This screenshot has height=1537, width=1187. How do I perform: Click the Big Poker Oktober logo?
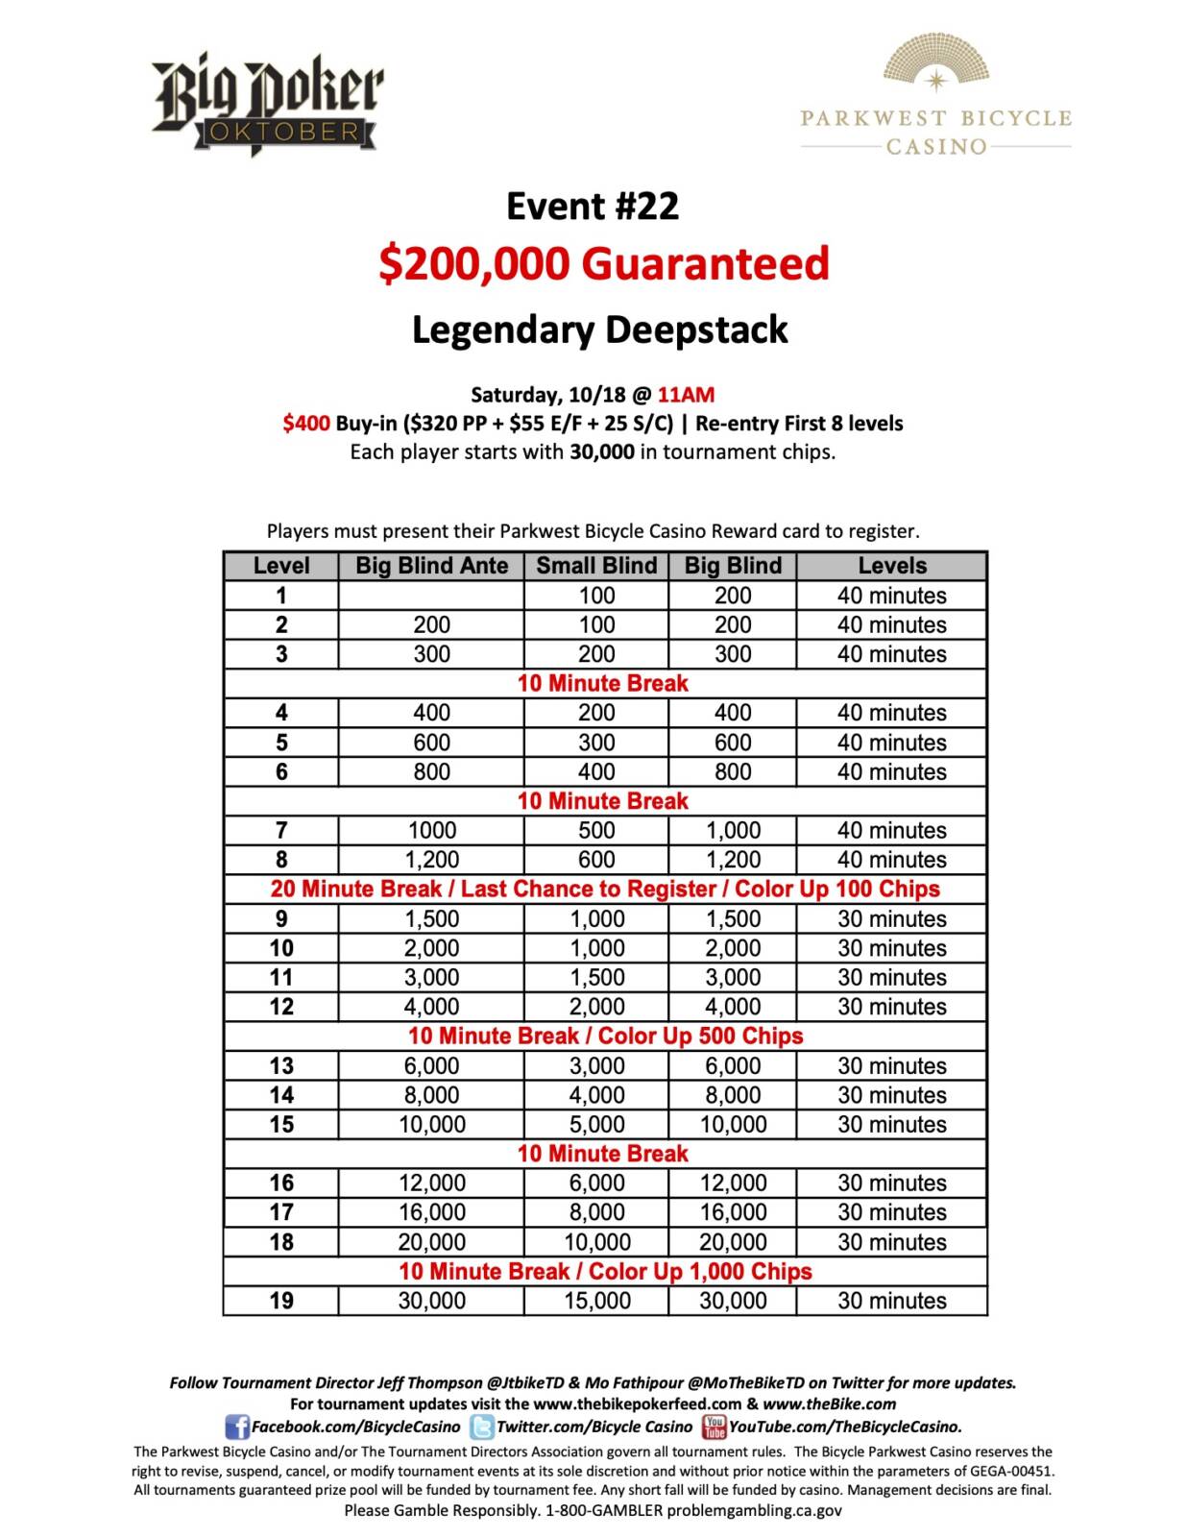[x=267, y=104]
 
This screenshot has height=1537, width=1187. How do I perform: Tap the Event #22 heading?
[x=593, y=206]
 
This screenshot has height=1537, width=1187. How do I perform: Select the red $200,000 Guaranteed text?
[x=603, y=263]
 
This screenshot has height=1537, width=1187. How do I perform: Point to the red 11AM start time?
[x=686, y=394]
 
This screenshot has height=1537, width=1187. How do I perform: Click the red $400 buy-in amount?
[x=306, y=423]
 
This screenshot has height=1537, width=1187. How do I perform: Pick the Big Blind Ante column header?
[x=431, y=566]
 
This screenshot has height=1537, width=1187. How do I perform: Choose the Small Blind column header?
[x=596, y=566]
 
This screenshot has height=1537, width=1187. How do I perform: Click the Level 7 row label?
[x=281, y=830]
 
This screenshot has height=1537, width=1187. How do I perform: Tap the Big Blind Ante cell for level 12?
[x=431, y=1007]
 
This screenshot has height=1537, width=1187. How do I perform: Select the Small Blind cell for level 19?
[x=596, y=1301]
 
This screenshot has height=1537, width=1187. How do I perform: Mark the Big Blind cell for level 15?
[x=733, y=1124]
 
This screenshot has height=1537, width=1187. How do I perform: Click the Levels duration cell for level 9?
[x=891, y=918]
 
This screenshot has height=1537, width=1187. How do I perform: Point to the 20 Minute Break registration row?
[x=605, y=889]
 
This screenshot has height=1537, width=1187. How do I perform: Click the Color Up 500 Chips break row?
[x=605, y=1036]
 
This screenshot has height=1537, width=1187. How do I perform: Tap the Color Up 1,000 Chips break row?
[x=605, y=1271]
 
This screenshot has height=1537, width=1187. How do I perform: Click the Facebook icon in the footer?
[x=236, y=1427]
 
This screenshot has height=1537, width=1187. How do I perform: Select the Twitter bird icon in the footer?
[x=481, y=1427]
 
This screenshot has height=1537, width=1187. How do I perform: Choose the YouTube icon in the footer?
[x=714, y=1427]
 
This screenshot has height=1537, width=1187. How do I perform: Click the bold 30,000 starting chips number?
[x=601, y=451]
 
